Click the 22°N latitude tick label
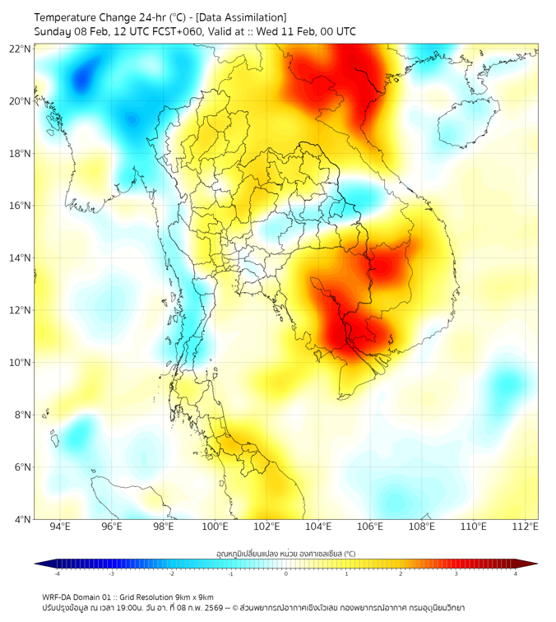[21, 49]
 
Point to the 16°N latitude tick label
[21, 206]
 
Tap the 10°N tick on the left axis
[21, 363]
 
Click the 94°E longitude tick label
[60, 527]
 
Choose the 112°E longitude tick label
[525, 527]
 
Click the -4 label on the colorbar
[57, 573]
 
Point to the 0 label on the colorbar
[286, 573]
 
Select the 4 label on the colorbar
[515, 573]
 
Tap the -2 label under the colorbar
[171, 573]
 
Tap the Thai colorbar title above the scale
[285, 553]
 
